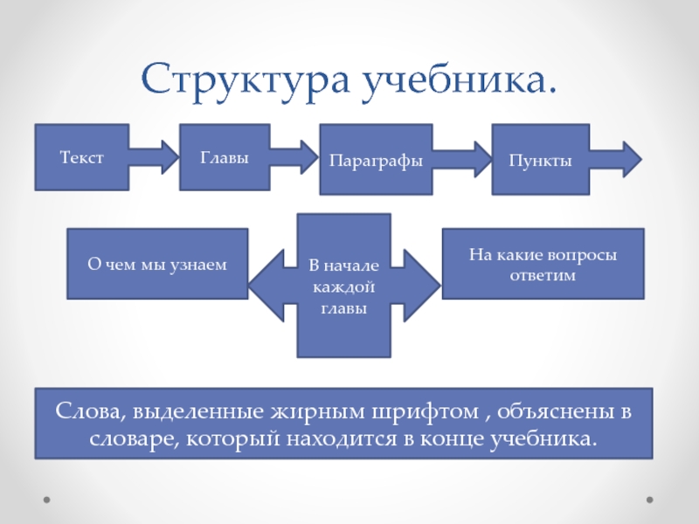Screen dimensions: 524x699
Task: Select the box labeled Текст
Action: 82,157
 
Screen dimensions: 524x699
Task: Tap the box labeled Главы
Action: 225,157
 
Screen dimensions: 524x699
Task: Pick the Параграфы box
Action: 376,161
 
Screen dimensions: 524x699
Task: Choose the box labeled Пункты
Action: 540,161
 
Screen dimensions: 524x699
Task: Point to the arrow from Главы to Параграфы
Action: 294,158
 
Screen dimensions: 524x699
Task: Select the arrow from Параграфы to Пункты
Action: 463,160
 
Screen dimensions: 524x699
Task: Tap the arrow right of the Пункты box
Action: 617,160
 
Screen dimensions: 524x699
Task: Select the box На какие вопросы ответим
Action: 543,264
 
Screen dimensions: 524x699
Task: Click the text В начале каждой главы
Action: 343,286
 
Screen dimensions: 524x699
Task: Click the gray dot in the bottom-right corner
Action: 649,501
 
